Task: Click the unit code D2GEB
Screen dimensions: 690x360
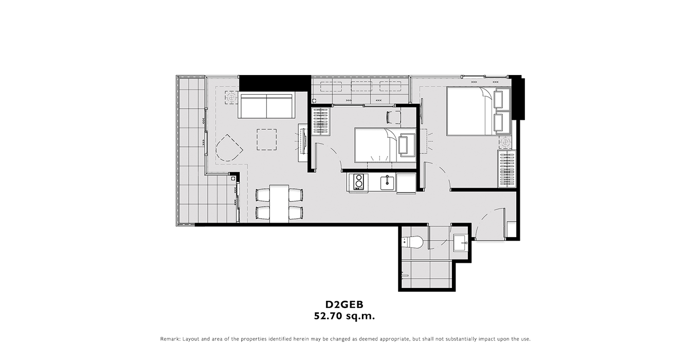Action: [344, 304]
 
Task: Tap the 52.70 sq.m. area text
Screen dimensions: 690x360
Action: [344, 316]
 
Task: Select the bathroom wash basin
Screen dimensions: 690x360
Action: [461, 243]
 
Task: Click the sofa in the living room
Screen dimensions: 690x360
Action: [266, 106]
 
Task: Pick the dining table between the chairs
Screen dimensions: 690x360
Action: [279, 204]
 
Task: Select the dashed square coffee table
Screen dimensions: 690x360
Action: [267, 139]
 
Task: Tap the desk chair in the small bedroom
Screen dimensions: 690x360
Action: [394, 117]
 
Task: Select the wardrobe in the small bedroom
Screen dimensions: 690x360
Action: [321, 121]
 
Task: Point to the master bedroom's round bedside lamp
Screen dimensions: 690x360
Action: [505, 142]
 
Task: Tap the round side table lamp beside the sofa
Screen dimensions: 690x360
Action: [231, 98]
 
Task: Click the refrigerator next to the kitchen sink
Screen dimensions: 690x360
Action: [406, 183]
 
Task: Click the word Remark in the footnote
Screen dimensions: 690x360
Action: [170, 339]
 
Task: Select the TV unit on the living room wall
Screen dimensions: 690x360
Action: [303, 142]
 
